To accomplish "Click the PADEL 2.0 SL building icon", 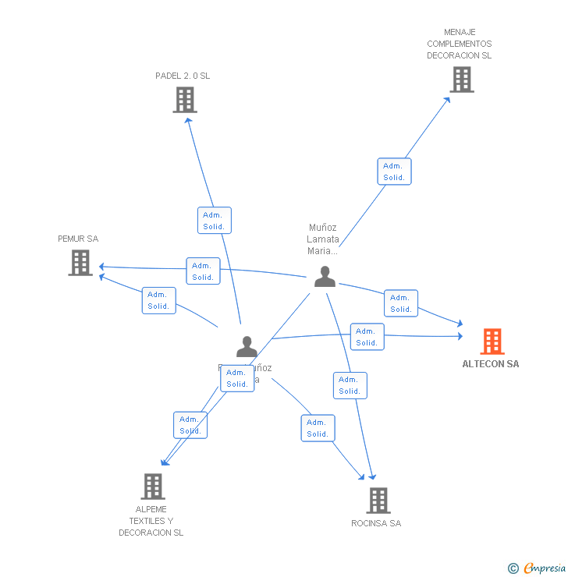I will pyautogui.click(x=185, y=100).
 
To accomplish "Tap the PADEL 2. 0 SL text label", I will pyautogui.click(x=183, y=76).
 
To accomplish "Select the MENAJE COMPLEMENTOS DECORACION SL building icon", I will pyautogui.click(x=461, y=80).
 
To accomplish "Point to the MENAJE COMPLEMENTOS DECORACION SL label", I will pyautogui.click(x=460, y=44).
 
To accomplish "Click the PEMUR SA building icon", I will pyautogui.click(x=80, y=263).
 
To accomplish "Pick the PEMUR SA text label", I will pyautogui.click(x=78, y=239).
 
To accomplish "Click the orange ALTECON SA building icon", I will pyautogui.click(x=492, y=342).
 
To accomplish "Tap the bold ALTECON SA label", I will pyautogui.click(x=490, y=364).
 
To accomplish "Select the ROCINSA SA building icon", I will pyautogui.click(x=378, y=501).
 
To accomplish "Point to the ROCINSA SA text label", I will pyautogui.click(x=376, y=523).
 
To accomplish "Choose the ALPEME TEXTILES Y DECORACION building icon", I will pyautogui.click(x=153, y=487).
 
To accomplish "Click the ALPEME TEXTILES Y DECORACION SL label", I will pyautogui.click(x=151, y=521).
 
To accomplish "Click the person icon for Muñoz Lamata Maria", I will pyautogui.click(x=325, y=276).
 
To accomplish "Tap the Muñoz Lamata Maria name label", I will pyautogui.click(x=323, y=239).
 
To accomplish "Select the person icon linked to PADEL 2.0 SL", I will pyautogui.click(x=247, y=346).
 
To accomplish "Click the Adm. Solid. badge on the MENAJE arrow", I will pyautogui.click(x=394, y=172).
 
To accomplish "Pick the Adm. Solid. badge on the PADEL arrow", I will pyautogui.click(x=214, y=221).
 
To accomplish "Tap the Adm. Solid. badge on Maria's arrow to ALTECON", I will pyautogui.click(x=401, y=303).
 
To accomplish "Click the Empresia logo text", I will pyautogui.click(x=545, y=568).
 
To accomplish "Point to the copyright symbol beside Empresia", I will pyautogui.click(x=513, y=568).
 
